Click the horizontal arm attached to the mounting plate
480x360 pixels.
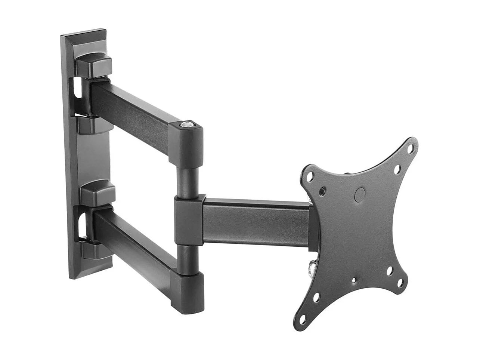pyautogui.click(x=256, y=221)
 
